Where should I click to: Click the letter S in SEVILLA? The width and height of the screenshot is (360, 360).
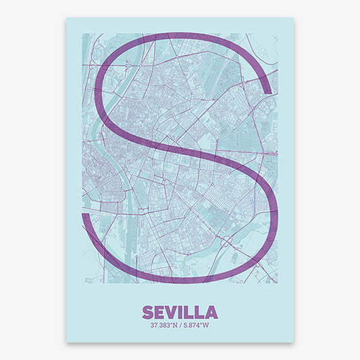148,294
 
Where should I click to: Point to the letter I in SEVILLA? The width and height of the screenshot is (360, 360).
184,294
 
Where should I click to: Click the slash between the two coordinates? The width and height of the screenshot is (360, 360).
180,307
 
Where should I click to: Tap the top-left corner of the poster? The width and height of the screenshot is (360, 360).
67,18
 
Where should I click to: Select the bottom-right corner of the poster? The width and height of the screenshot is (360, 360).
294,342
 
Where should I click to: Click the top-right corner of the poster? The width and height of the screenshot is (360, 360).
294,18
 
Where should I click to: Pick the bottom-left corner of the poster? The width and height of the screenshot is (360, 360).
67,342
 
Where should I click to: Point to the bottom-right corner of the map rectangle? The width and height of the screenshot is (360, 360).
278,283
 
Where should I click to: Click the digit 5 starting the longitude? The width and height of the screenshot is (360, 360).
185,307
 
